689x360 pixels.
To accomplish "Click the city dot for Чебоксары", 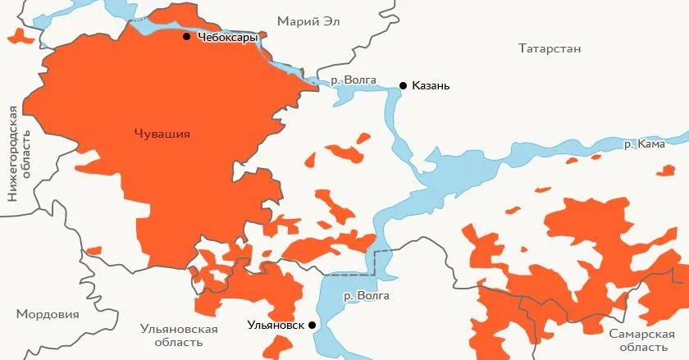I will pos(187,37).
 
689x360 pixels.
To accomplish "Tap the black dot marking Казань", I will pos(403,85).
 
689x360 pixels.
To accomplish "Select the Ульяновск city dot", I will pos(313,326).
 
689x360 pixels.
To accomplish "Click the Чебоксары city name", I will pos(228,38).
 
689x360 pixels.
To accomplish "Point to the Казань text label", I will pos(431,86).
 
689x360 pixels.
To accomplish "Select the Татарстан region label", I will pos(550,48).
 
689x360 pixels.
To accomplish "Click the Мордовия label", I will pos(48,314).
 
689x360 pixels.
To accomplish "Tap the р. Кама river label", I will pos(644,144).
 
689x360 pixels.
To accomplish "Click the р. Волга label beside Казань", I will pos(354,80).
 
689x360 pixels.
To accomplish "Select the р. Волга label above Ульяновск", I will pos(367,296).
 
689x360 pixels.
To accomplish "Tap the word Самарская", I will pos(641,334).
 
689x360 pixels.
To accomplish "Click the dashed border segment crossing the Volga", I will pos(376,260).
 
